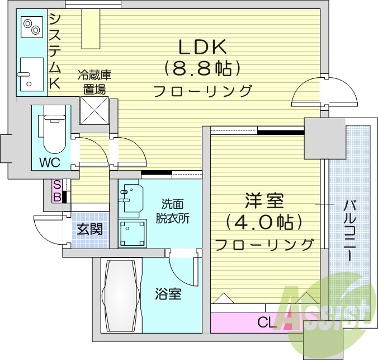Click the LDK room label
202,45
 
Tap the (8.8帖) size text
202,68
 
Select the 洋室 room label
263,200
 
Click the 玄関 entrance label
89,229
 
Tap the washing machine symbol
133,232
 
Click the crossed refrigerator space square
93,110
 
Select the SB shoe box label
57,190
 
